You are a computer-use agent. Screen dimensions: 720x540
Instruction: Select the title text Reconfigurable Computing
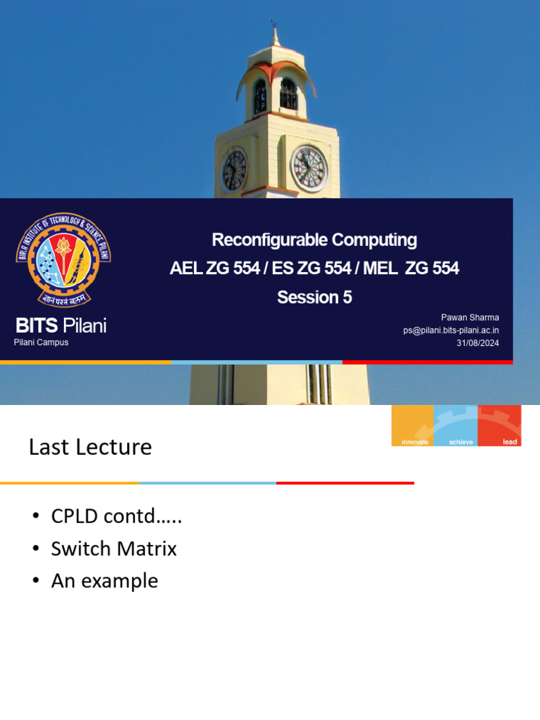click(x=314, y=240)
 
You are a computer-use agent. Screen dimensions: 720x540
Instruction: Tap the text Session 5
click(x=314, y=297)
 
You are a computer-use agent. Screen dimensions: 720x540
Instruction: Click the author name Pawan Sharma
click(x=470, y=318)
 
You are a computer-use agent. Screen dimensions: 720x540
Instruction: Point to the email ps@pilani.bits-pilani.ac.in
click(x=451, y=330)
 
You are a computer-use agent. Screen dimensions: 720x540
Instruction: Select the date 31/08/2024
click(x=477, y=343)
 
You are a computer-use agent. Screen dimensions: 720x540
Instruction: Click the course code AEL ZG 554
click(x=214, y=269)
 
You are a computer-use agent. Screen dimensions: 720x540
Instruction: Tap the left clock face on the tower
click(x=234, y=170)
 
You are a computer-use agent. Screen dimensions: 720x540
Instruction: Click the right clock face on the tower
click(x=309, y=169)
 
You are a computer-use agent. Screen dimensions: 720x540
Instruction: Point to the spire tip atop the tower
click(x=275, y=27)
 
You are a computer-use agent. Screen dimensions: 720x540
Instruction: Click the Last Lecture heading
click(x=90, y=447)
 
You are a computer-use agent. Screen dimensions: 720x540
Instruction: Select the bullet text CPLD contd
click(x=116, y=516)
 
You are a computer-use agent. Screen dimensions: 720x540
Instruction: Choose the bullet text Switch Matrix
click(x=114, y=548)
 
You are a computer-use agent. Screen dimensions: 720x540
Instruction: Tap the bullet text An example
click(x=104, y=581)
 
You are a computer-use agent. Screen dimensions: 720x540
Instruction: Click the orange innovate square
click(x=413, y=425)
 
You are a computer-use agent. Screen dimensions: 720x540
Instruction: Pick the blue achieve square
click(x=456, y=425)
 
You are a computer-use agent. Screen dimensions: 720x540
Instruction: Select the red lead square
click(x=499, y=425)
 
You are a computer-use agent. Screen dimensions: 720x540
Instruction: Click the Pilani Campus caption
click(x=41, y=342)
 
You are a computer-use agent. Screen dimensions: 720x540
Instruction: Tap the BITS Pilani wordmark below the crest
click(x=61, y=326)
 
